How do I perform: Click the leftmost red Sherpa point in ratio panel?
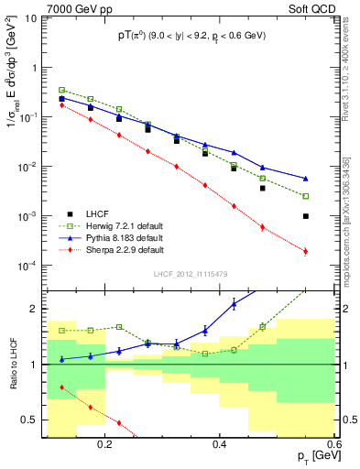[x=61, y=387]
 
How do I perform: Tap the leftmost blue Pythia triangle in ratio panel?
[x=61, y=359]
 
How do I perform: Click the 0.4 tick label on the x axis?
[x=220, y=445]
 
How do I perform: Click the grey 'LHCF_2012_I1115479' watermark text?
[x=190, y=275]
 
